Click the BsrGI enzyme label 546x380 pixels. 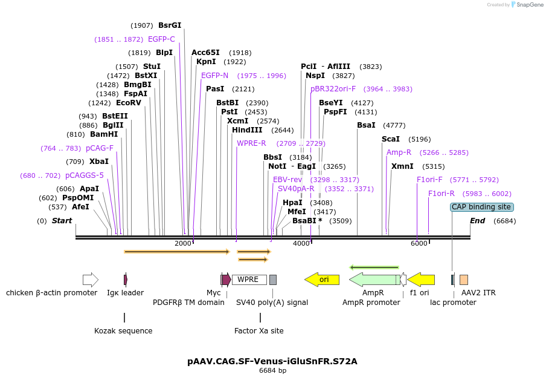170,25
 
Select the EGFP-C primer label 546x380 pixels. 161,39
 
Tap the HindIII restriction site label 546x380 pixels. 247,130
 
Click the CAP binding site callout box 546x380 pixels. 481,207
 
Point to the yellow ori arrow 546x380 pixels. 322,280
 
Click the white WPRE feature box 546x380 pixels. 249,280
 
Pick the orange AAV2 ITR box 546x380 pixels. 463,280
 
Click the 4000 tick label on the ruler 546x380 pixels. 301,243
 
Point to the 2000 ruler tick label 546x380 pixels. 182,243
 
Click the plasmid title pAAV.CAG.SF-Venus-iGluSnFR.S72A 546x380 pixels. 272,361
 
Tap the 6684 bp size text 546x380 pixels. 272,370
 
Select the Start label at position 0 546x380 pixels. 62,221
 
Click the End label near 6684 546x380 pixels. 477,221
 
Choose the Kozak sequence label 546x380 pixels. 123,331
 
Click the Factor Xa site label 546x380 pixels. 259,331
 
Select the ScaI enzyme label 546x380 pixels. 391,139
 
